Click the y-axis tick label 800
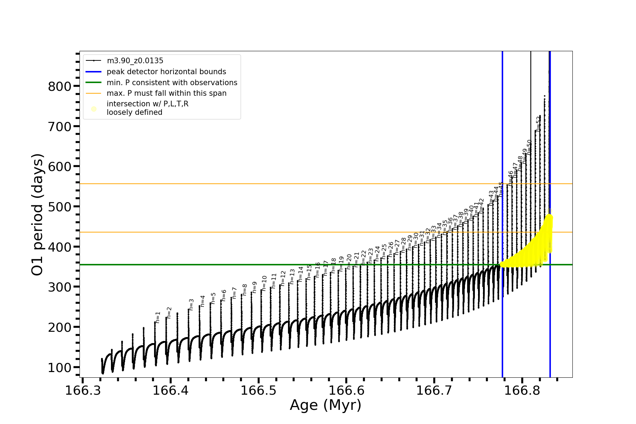coord(59,86)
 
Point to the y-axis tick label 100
coord(59,368)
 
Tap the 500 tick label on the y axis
coord(59,207)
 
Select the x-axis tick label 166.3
coord(82,390)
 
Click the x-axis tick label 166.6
coord(346,390)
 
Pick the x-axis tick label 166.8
coord(522,390)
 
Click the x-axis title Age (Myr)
coord(325,405)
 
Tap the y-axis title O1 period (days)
coord(37,214)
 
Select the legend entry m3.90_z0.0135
coord(135,61)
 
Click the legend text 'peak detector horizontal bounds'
coord(166,72)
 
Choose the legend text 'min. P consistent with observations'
coord(172,83)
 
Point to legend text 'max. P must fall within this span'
coord(166,93)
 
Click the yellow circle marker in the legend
coord(94,109)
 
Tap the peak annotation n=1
coord(158,317)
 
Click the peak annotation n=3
coord(191,305)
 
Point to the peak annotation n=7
coord(234,293)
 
